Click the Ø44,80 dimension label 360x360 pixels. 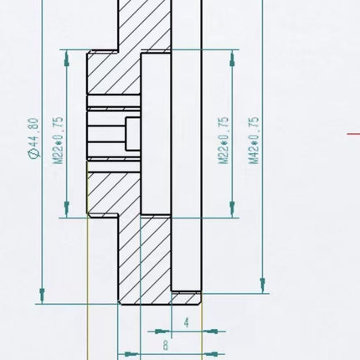pos(33,138)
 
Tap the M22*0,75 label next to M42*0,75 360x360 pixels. pos(224,141)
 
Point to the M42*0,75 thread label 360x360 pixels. pos(254,141)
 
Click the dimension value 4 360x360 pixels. pos(187,322)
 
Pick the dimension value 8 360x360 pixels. pos(166,345)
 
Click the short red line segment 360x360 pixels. pos(353,134)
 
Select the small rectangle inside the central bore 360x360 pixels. pos(132,134)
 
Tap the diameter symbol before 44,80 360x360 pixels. pos(33,154)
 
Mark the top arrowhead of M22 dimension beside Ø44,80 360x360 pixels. pos(66,59)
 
